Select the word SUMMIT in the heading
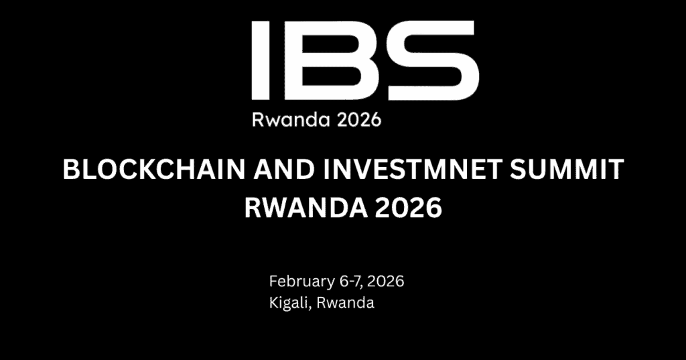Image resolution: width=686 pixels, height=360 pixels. click(561, 172)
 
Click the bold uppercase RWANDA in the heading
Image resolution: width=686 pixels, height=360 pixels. click(299, 208)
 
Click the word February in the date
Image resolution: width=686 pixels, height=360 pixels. click(296, 281)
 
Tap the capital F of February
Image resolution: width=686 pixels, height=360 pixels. click(273, 281)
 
